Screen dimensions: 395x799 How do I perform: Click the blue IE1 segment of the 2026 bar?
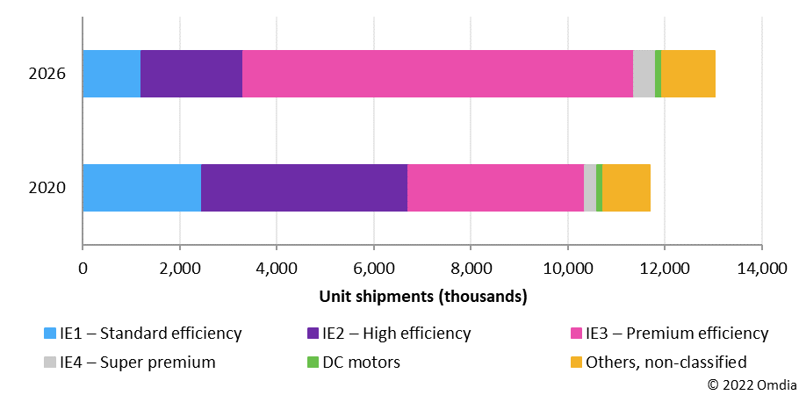point(112,74)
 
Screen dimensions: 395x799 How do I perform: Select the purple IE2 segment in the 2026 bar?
point(191,74)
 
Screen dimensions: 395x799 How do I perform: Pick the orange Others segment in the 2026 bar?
point(688,74)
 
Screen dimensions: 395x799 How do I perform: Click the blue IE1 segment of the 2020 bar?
point(141,188)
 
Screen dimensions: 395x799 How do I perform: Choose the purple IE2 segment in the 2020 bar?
point(304,188)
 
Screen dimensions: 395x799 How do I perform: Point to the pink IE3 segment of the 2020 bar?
point(495,188)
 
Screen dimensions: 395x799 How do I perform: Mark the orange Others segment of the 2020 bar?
point(626,188)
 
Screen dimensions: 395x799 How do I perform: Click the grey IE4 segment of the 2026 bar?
point(644,74)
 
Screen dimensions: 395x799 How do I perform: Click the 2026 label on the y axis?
point(48,75)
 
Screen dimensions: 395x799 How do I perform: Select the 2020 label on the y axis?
point(48,188)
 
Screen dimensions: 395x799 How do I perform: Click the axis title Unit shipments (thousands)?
point(422,296)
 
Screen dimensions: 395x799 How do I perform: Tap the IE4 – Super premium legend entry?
point(129,361)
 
